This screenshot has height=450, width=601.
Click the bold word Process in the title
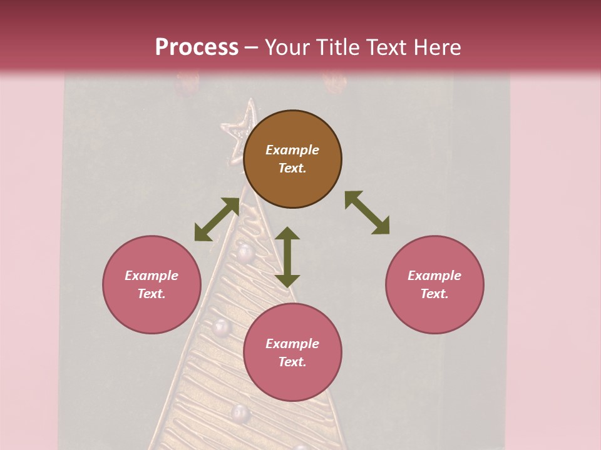(x=197, y=47)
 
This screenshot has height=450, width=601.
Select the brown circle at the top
(x=292, y=159)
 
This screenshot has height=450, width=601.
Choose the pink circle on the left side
(x=152, y=284)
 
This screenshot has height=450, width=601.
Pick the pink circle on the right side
(x=434, y=284)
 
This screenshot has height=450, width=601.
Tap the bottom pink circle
(x=292, y=352)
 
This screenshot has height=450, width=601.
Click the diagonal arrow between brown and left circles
(x=217, y=219)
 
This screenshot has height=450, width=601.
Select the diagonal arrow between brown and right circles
(x=367, y=212)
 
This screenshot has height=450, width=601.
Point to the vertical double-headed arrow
(x=287, y=257)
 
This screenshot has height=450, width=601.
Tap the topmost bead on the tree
(x=245, y=252)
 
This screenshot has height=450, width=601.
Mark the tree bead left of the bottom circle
(x=221, y=327)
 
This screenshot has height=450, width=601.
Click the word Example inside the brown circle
(x=292, y=150)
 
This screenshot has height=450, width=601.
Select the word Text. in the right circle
(x=434, y=294)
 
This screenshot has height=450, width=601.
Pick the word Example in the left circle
(x=152, y=276)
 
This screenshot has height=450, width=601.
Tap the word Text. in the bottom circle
(x=292, y=362)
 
